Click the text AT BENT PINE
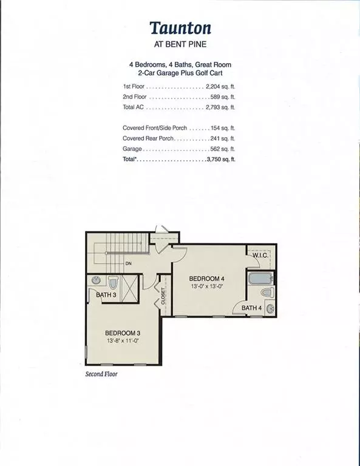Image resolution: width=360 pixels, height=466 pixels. click(180, 46)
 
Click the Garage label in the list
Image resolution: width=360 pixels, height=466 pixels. click(132, 149)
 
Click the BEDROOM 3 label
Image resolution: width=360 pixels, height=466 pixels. click(124, 333)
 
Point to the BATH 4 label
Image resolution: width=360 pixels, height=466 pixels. click(252, 308)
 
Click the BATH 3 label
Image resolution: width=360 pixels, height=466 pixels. click(106, 295)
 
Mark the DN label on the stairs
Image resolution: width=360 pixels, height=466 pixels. click(129, 264)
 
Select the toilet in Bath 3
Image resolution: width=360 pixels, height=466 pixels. click(114, 283)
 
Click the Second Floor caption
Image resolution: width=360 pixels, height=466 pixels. click(101, 374)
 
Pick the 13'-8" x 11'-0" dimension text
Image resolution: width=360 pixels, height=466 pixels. click(124, 342)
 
